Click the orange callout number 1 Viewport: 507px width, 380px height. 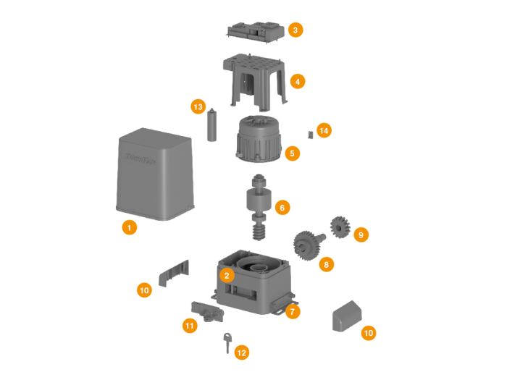point(129,227)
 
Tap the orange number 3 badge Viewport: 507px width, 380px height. point(295,30)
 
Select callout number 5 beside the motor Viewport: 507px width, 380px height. point(292,153)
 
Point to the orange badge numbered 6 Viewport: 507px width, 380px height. point(282,208)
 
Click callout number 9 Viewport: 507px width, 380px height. point(360,235)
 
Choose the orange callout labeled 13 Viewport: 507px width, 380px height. point(198,107)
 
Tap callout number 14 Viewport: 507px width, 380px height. point(324,130)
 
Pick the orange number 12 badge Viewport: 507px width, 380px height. point(241,352)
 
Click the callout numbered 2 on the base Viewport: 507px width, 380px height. point(227,275)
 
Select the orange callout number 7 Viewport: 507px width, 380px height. point(293,311)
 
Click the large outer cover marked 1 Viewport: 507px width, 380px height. point(155,174)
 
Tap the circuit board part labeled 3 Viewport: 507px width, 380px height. point(254,32)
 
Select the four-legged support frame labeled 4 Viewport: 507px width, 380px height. point(253,80)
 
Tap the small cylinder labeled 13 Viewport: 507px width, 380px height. point(212,126)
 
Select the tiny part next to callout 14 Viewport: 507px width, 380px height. point(310,134)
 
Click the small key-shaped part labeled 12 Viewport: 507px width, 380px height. point(227,342)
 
